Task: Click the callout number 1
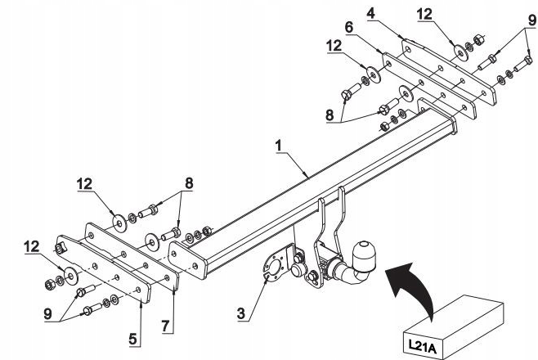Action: pos(278,146)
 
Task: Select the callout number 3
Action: pos(241,313)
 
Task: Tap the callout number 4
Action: pos(371,13)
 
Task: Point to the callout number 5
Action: pos(133,339)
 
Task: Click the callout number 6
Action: pos(349,27)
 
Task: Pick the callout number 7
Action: pos(166,326)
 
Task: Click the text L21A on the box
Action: pos(423,347)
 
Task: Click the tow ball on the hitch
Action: pos(364,254)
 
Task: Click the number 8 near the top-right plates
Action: pos(330,115)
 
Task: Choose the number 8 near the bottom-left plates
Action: pos(189,183)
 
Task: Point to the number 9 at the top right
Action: pos(531,20)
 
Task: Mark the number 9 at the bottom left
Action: pos(48,313)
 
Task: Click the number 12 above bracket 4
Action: pos(425,14)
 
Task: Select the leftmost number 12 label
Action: pos(32,246)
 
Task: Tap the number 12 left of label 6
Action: pos(334,46)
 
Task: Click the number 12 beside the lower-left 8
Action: pos(85,184)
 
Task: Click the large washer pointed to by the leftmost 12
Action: pos(70,275)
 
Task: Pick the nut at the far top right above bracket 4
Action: pos(478,40)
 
